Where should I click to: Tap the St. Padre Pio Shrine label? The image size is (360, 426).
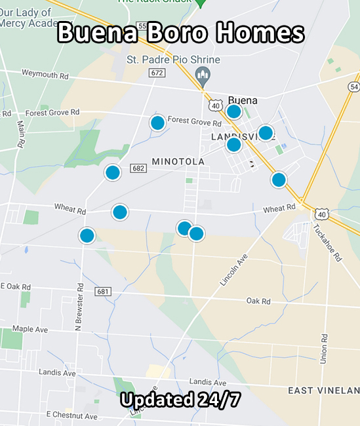coord(173,60)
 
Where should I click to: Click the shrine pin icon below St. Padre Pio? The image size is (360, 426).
coord(203,77)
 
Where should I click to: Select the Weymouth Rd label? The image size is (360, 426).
coord(45,73)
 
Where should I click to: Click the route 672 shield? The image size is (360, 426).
coord(156,73)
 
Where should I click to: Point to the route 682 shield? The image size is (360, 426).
coord(137,168)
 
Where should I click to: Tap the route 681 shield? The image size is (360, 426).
coord(102,291)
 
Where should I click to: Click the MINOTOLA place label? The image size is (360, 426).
coord(178,161)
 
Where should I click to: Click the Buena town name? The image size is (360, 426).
coord(243,101)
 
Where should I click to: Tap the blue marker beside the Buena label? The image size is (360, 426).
coord(233,111)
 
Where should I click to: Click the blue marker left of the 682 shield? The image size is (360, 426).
coord(113,173)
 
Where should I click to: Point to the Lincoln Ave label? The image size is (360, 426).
coord(231,269)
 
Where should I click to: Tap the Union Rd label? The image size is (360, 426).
coord(323,349)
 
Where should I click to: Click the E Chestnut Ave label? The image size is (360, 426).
coord(71,416)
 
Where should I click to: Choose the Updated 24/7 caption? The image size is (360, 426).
coord(180,400)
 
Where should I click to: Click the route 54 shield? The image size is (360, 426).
coord(355,87)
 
